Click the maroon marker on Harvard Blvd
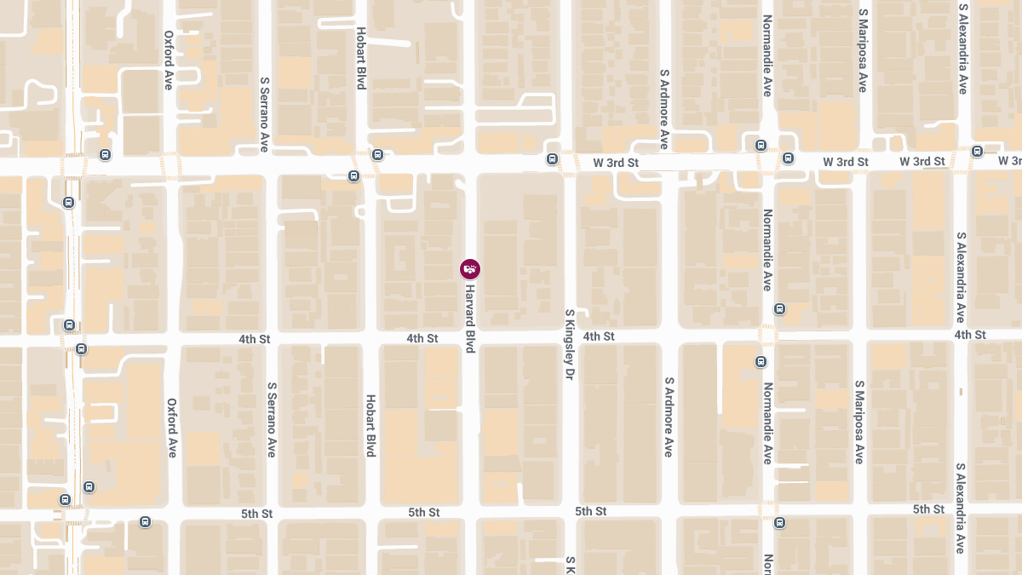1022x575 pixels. point(470,269)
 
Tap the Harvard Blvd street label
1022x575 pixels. point(469,319)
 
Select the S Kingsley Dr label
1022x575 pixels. point(570,344)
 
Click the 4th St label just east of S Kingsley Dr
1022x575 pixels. point(599,336)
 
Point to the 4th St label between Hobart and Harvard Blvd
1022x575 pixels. point(422,338)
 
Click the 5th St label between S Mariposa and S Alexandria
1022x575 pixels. point(928,509)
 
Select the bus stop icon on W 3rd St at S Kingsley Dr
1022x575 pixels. point(552,158)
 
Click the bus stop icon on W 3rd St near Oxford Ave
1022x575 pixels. point(105,155)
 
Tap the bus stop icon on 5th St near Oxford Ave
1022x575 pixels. point(146,522)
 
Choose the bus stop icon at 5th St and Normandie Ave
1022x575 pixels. point(779,522)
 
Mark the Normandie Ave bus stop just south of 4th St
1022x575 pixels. point(761,362)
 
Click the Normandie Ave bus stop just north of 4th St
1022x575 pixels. point(779,308)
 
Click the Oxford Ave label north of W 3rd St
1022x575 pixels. point(169,60)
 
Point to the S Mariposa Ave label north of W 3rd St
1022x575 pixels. point(862,51)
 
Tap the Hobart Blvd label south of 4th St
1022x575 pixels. point(370,425)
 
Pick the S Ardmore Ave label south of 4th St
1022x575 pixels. point(669,417)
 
